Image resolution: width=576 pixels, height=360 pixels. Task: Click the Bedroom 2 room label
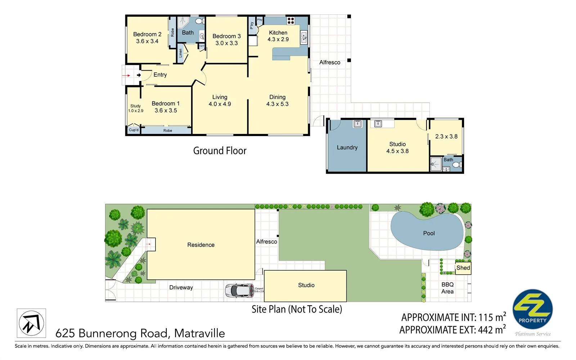147,35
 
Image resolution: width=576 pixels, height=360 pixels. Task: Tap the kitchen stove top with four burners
291,21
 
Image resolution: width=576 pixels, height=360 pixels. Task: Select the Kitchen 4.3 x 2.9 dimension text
278,40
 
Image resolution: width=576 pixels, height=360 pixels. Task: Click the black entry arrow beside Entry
139,75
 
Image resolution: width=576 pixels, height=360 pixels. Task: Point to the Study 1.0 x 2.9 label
136,108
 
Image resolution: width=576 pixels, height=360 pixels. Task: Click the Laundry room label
347,148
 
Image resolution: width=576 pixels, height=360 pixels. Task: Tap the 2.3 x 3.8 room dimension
446,137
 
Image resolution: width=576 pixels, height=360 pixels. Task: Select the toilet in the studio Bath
456,165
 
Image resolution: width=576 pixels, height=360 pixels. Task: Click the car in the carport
239,291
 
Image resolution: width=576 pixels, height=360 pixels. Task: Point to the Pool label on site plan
429,233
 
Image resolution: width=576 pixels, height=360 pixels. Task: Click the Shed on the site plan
463,268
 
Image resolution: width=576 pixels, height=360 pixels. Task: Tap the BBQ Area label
447,288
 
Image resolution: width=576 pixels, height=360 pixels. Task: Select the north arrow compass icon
31,323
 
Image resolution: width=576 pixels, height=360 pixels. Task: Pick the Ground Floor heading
220,151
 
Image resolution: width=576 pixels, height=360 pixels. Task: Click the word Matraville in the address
199,333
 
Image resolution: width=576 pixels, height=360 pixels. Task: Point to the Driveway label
181,288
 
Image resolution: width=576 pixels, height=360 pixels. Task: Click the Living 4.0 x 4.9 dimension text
220,104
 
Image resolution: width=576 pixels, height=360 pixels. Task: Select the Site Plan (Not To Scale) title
297,309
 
